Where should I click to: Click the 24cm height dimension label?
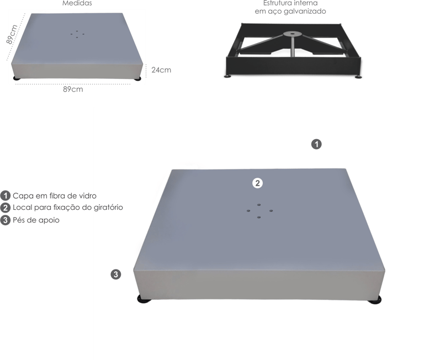161,70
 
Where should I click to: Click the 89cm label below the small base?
73,89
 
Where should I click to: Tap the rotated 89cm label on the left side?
12,34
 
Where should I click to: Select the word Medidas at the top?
77,3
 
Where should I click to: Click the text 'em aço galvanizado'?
290,12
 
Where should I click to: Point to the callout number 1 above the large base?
316,144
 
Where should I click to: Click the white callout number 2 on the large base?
257,183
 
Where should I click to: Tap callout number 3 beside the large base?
116,274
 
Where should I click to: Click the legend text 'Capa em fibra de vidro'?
55,195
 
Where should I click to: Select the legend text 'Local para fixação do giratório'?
68,208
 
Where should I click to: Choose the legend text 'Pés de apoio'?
36,220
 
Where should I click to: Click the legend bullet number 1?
5,195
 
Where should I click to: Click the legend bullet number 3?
5,220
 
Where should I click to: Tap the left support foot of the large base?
144,299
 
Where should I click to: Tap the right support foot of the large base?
375,300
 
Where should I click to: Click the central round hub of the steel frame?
293,34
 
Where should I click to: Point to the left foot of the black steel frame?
228,76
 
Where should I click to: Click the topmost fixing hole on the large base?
259,205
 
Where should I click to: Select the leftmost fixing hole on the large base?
248,210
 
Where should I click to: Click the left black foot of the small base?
17,78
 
